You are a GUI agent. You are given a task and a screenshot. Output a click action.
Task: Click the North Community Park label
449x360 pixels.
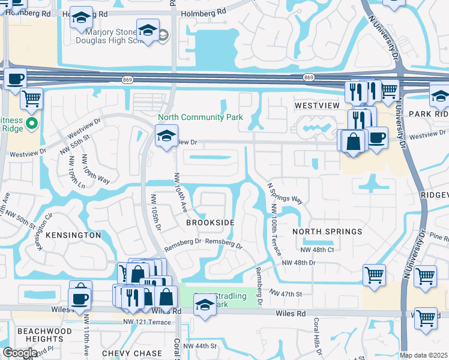point(200,117)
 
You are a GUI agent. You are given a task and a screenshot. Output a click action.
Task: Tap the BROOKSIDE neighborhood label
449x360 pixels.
point(209,222)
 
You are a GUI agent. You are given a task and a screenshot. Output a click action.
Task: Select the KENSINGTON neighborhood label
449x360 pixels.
point(72,235)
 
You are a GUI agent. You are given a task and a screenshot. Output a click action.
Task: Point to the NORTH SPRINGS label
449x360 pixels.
point(327,231)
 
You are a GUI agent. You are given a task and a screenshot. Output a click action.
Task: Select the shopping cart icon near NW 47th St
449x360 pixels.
point(375,275)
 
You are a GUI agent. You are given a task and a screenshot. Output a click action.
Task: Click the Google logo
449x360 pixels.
point(20,353)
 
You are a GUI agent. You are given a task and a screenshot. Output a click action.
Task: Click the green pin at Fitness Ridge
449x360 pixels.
point(32,124)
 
